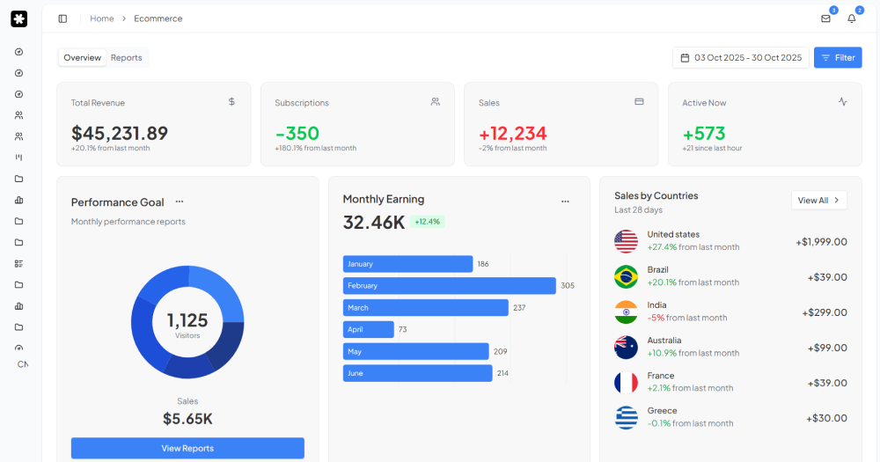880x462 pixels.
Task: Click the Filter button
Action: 837,58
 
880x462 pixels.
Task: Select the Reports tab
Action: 126,58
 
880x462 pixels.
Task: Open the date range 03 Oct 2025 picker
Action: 740,58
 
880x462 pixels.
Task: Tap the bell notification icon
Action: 851,18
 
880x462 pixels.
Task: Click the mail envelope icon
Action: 825,18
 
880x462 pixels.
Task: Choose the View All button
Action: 818,201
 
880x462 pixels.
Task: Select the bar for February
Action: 449,286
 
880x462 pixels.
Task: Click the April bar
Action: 368,329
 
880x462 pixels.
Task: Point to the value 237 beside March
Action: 519,308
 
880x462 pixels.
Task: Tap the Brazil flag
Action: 626,276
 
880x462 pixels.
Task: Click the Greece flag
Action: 626,417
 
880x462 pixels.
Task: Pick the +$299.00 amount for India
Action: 824,312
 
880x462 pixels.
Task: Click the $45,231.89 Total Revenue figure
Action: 120,133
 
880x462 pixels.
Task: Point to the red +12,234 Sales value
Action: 512,133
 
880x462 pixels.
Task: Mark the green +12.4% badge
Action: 428,222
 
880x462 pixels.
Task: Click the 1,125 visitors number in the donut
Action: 187,320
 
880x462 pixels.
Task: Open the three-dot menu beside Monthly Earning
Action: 565,201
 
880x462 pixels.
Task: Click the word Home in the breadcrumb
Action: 102,18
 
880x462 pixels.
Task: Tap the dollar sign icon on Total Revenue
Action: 231,101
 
